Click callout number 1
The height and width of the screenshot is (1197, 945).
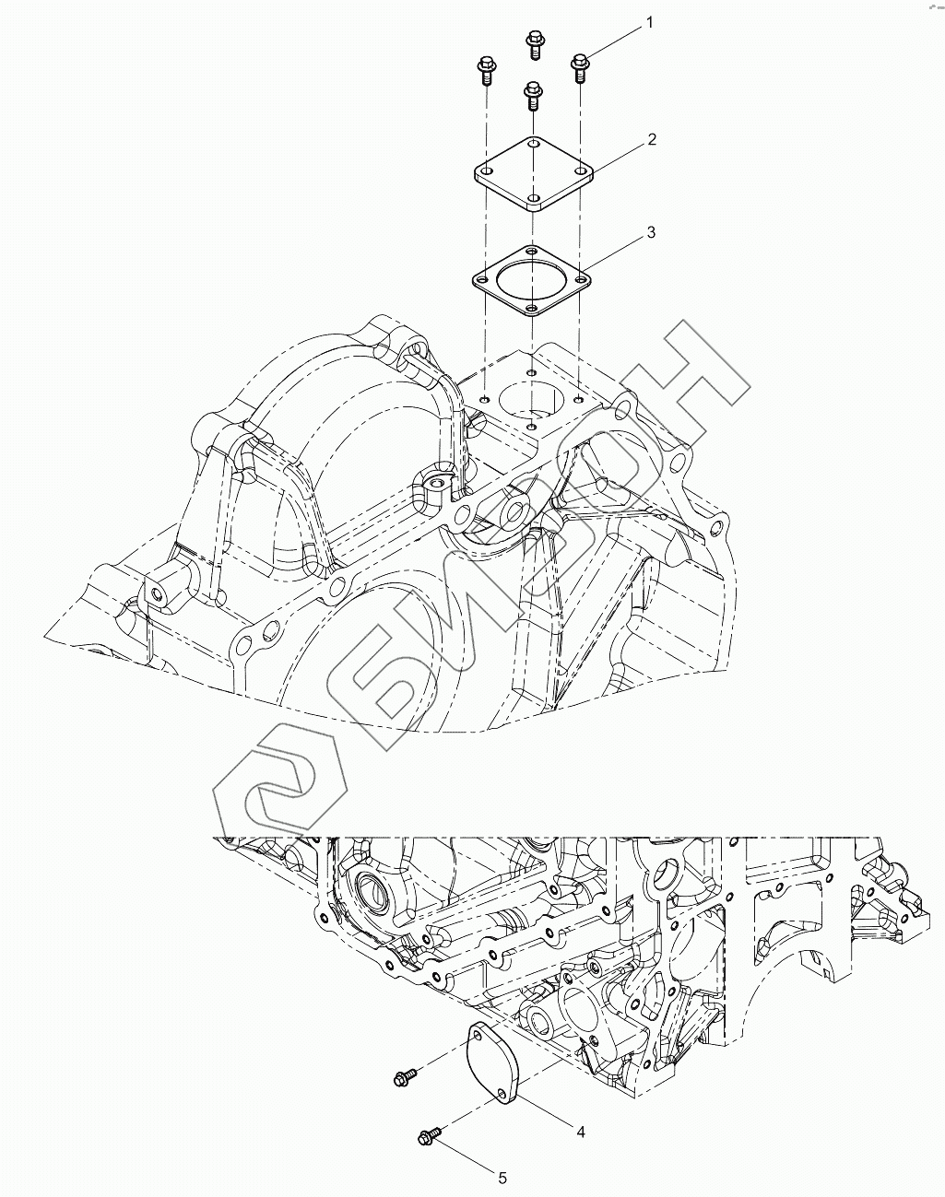click(649, 23)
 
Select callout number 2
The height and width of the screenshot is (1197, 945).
click(651, 140)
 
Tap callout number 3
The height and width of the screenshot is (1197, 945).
click(651, 232)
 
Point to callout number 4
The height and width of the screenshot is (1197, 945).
click(581, 1132)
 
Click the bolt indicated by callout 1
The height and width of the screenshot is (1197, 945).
click(580, 68)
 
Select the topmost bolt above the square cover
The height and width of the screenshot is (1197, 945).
click(535, 44)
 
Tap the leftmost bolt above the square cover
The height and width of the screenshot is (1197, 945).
click(485, 71)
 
